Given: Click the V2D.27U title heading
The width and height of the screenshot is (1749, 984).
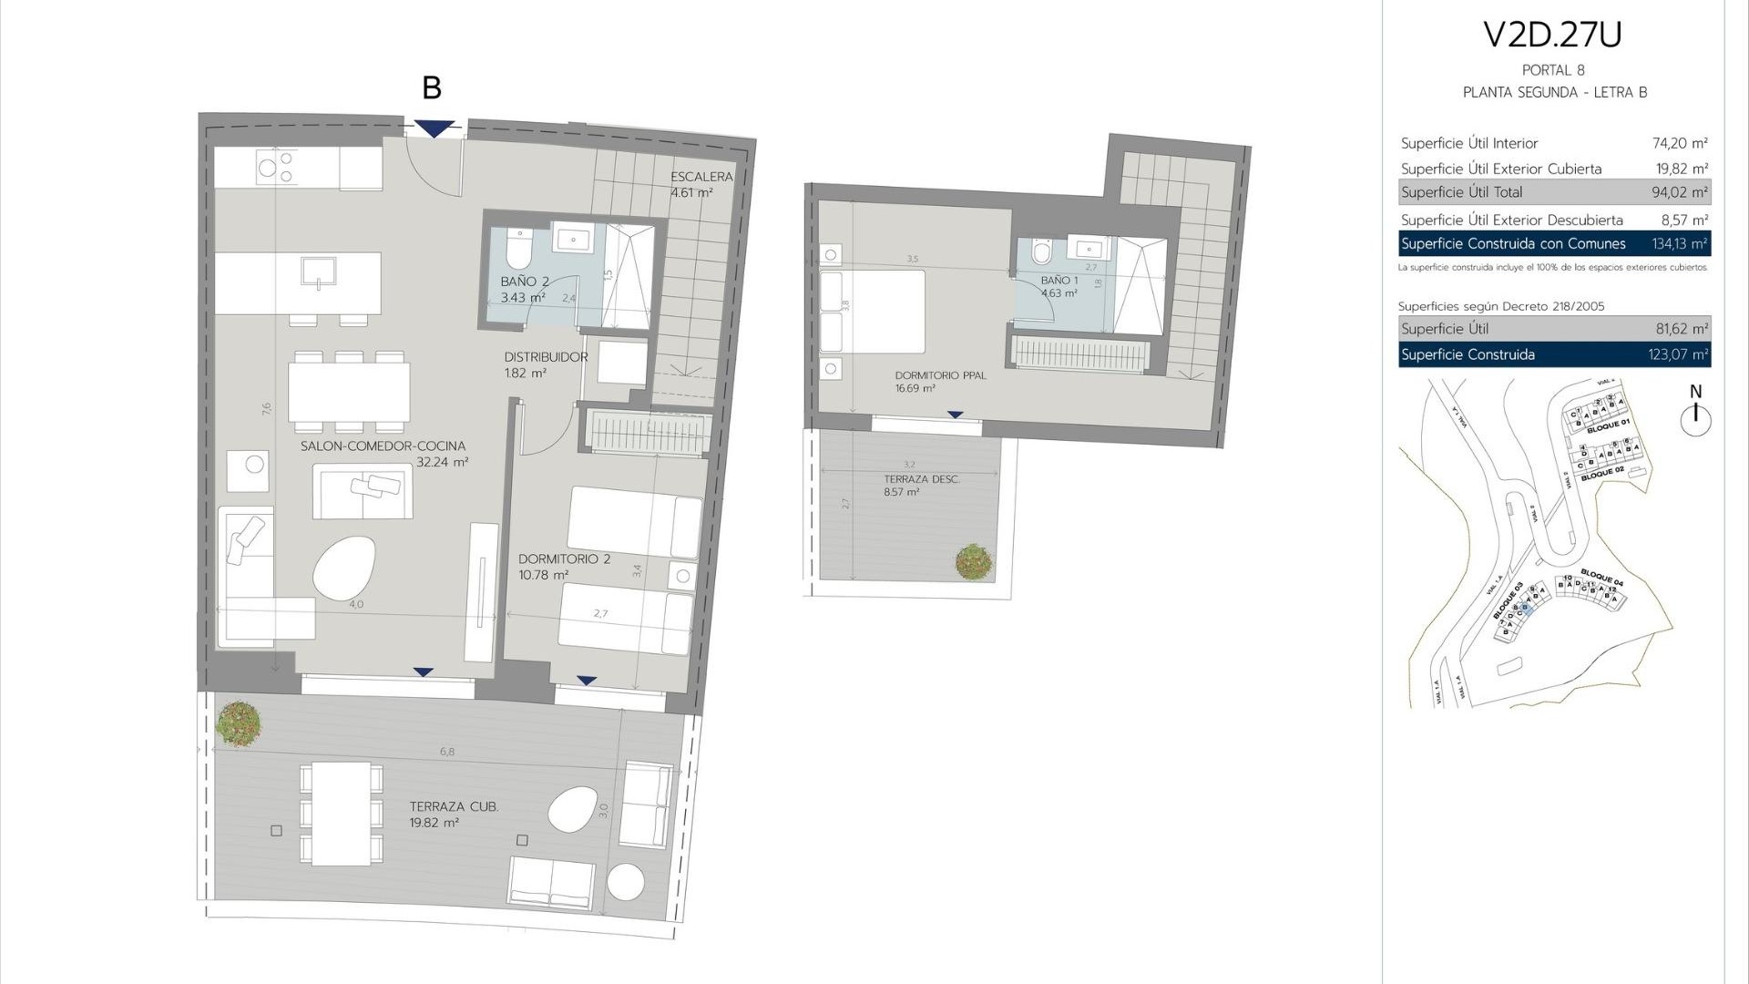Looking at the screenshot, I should pyautogui.click(x=1553, y=35).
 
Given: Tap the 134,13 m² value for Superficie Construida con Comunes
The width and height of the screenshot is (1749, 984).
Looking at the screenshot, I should pyautogui.click(x=1679, y=243).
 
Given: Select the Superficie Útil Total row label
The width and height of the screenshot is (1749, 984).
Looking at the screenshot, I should pyautogui.click(x=1461, y=192).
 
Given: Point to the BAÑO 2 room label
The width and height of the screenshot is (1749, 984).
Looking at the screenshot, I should pyautogui.click(x=525, y=282).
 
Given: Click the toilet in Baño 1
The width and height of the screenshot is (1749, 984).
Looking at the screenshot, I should pyautogui.click(x=1042, y=251).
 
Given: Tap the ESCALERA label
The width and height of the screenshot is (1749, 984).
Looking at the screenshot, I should pyautogui.click(x=701, y=177).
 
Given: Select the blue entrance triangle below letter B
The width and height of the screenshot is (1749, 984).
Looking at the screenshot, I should pyautogui.click(x=435, y=128).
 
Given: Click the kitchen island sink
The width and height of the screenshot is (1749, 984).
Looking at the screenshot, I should pyautogui.click(x=319, y=272).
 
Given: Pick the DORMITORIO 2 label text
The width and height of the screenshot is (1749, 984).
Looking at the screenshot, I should pyautogui.click(x=564, y=559).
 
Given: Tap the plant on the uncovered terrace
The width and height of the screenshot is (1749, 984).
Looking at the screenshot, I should pyautogui.click(x=974, y=561).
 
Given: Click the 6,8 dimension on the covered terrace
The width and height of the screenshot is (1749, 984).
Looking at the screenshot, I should pyautogui.click(x=446, y=752).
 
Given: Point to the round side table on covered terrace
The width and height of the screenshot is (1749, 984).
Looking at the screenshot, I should pyautogui.click(x=625, y=882).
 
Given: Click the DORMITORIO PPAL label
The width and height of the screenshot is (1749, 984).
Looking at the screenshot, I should pyautogui.click(x=940, y=375).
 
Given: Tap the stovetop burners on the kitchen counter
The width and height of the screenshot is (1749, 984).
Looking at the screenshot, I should pyautogui.click(x=276, y=168).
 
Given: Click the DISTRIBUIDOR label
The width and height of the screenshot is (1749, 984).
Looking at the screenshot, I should pyautogui.click(x=546, y=357).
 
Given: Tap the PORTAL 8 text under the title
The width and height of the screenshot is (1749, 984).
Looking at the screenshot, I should pyautogui.click(x=1553, y=70).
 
